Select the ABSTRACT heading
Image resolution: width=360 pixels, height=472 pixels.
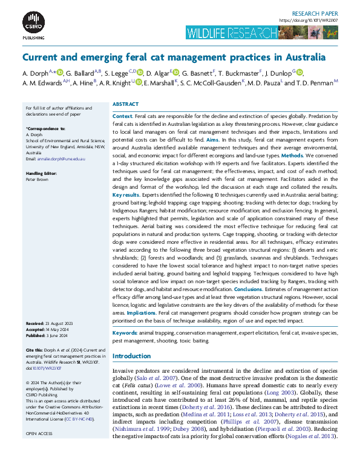click(126, 104)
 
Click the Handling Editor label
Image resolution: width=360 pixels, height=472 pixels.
click(43, 174)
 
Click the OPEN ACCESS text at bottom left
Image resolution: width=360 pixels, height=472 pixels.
click(39, 434)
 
